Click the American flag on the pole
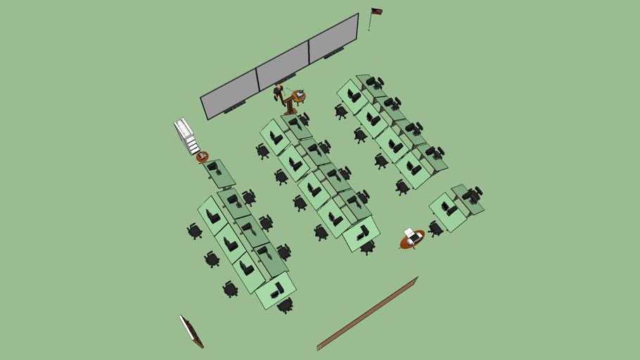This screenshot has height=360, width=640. pos(377,11)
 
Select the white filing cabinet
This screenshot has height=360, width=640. pos(187,135)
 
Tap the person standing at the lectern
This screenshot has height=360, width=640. pos(279,91)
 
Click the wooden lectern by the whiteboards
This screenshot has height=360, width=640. pos(289,105)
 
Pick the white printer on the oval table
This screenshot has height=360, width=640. pos(413,236)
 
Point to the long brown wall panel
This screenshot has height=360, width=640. pos(367,313)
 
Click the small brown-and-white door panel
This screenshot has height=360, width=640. pos(191,331)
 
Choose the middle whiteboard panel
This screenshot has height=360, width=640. pos(283,65)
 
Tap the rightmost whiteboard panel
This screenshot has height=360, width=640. pos(333,37)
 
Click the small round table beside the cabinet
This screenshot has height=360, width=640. pos(203,156)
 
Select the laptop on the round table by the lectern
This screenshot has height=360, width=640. pos(300,94)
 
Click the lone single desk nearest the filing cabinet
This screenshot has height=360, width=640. pos(219,173)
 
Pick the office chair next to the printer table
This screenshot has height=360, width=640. pos(436,228)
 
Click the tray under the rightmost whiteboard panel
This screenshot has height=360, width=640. pos(335,53)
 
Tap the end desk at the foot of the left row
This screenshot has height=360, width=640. pos(275,290)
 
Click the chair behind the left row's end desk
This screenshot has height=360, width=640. pos(285,305)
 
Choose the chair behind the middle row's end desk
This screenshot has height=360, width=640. pos(368,247)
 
